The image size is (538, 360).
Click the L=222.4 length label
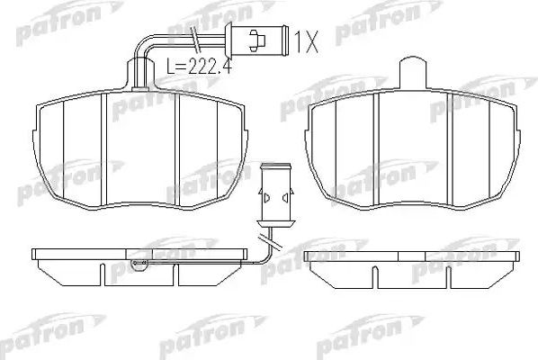tap(198, 65)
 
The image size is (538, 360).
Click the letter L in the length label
tap(172, 65)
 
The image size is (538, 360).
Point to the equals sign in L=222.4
tap(182, 65)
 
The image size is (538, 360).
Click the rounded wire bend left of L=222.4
tap(142, 45)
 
